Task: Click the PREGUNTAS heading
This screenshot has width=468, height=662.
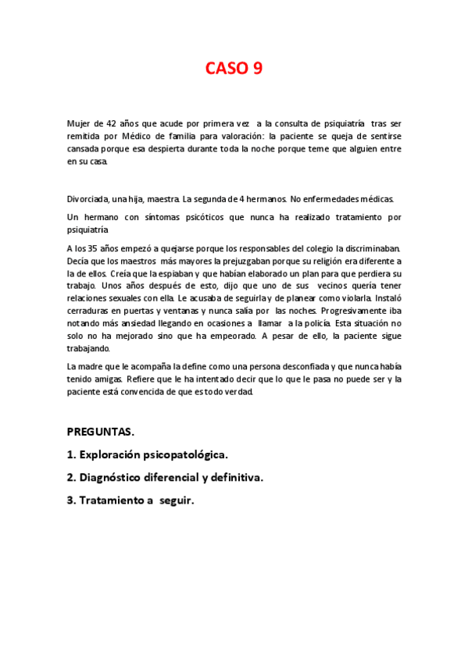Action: [x=100, y=431]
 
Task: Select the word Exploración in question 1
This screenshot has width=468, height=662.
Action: [x=120, y=454]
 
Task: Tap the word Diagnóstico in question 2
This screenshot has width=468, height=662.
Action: [x=120, y=477]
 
